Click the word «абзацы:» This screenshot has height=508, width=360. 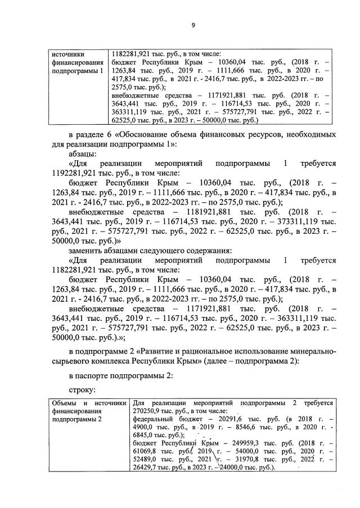coord(83,153)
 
